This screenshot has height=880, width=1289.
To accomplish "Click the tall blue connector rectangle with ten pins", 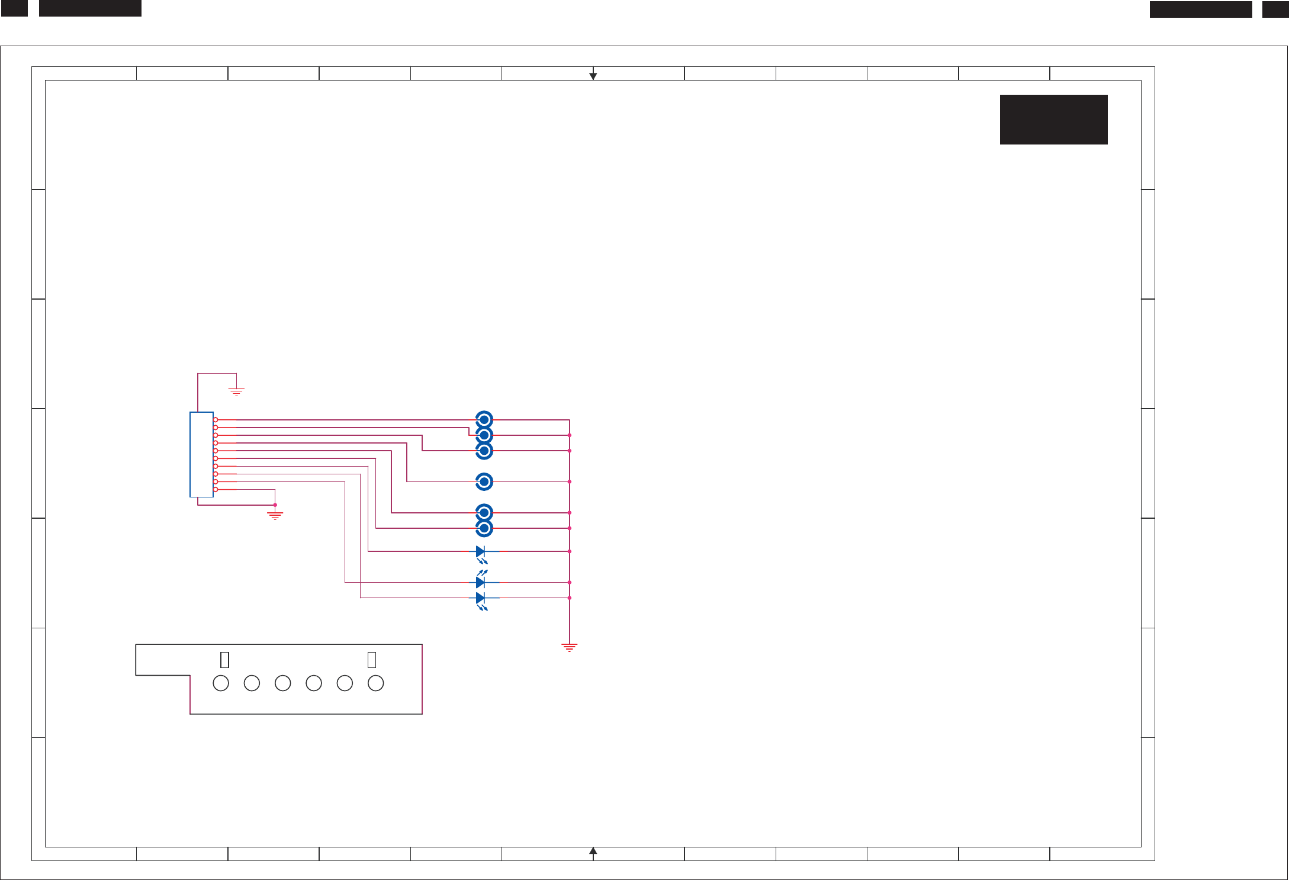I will click(x=201, y=454).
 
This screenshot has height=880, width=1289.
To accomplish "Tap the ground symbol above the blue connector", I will click(x=236, y=391).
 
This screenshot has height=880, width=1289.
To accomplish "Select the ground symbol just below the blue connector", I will click(x=275, y=515).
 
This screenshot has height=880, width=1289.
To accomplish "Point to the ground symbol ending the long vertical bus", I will click(x=569, y=647).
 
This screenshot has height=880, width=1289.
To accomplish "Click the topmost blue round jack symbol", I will click(x=484, y=419).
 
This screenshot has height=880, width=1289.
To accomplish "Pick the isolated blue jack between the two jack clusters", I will click(x=484, y=481).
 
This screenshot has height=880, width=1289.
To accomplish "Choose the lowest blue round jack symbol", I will click(x=484, y=528).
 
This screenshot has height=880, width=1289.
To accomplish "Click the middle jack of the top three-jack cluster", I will click(x=484, y=435).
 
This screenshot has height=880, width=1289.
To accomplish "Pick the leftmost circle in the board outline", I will click(x=221, y=683).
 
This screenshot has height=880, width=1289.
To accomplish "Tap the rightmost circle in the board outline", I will click(x=375, y=683).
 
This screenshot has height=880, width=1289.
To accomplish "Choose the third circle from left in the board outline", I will click(x=283, y=683).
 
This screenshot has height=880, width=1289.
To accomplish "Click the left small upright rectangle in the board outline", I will click(x=224, y=660).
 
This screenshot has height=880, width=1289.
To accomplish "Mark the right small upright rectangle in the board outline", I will click(x=372, y=660).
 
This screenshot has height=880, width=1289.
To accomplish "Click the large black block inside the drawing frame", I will click(x=1053, y=120).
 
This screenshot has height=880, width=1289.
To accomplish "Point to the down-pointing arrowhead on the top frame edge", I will click(x=593, y=76).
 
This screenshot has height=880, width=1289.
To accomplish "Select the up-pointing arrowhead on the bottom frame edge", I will click(x=593, y=852).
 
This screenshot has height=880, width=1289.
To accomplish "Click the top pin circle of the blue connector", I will click(x=216, y=420).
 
